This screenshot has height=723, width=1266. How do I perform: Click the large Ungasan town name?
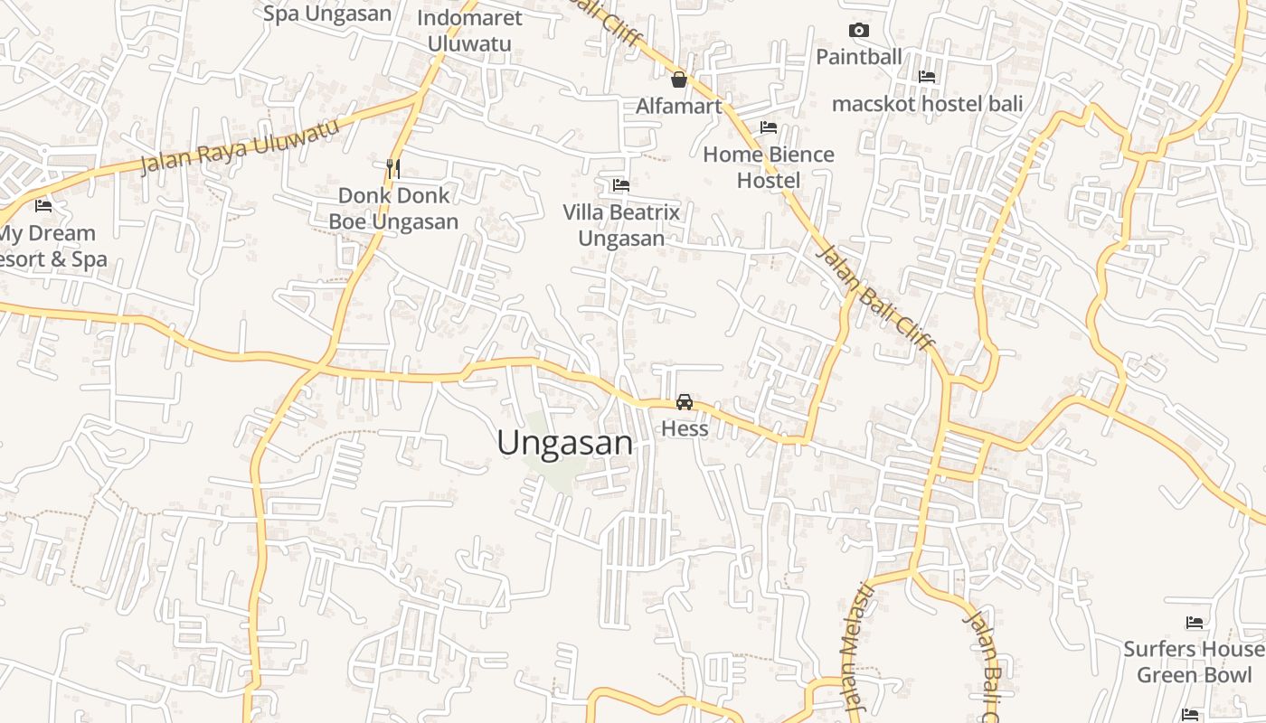[565, 443]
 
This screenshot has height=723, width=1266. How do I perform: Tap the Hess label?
[685, 428]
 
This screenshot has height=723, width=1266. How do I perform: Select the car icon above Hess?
[685, 402]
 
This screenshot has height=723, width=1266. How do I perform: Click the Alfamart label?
[679, 107]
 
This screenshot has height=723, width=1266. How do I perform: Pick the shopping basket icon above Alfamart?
[679, 80]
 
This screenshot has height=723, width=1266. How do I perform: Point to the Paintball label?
[859, 57]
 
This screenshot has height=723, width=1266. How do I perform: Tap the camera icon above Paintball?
[859, 30]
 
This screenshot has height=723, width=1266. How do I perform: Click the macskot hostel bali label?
[927, 104]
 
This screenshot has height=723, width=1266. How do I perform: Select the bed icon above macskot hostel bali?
[927, 77]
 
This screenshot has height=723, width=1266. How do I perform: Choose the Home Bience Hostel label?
[769, 167]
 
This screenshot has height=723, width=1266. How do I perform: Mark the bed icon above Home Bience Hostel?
[769, 127]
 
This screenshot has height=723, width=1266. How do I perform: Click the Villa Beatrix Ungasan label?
[621, 225]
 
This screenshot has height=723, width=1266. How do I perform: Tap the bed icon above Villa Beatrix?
[621, 185]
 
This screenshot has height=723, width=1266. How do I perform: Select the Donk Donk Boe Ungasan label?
[393, 209]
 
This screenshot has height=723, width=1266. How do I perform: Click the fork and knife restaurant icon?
[393, 168]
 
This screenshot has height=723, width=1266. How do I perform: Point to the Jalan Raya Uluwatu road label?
[241, 146]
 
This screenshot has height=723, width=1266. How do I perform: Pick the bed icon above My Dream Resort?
[43, 206]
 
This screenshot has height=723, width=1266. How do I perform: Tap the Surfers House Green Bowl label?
[1194, 662]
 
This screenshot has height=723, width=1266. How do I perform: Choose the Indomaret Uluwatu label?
[469, 31]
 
